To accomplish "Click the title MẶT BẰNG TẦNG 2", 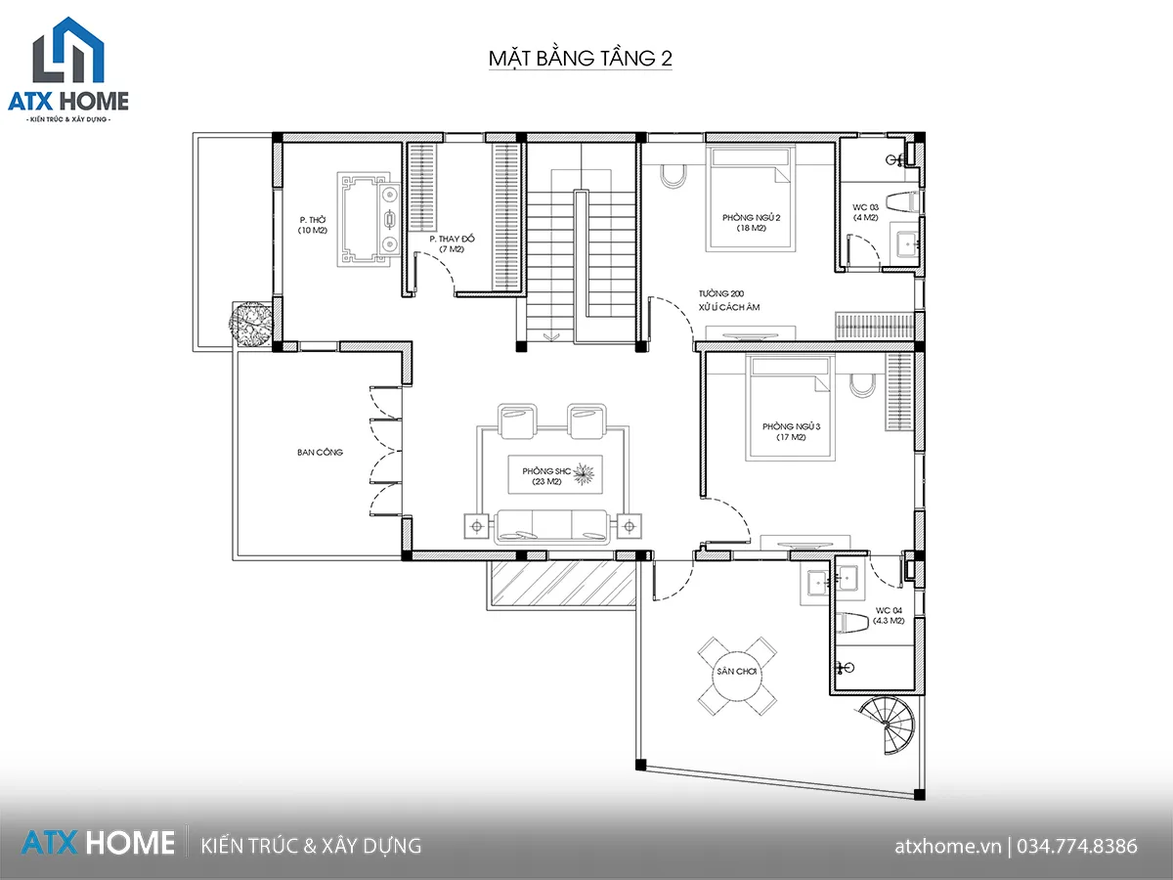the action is [581, 59].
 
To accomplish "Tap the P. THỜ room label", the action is [313, 220].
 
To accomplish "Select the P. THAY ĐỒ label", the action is [453, 239].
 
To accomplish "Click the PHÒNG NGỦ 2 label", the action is [752, 217].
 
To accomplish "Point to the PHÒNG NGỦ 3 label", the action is [791, 426].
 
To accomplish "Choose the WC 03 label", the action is [866, 207].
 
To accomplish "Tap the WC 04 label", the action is [889, 610].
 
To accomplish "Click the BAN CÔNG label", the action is [320, 452].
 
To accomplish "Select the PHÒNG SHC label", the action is [546, 471].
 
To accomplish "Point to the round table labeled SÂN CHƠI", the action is [737, 676].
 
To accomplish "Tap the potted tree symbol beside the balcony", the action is [250, 325].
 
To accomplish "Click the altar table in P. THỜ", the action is [369, 219].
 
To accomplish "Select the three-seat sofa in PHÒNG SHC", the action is [552, 526].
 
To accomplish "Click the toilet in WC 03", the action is [902, 201].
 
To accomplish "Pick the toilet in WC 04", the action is [853, 623].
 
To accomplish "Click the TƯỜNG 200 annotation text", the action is [721, 293].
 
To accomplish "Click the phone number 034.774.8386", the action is [1077, 846].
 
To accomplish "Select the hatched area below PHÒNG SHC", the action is [564, 583].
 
